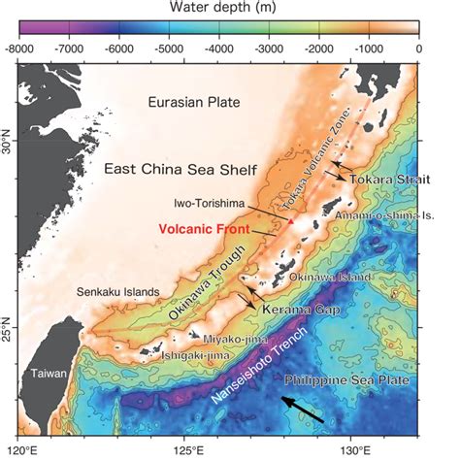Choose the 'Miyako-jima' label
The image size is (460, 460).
point(231,338)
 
